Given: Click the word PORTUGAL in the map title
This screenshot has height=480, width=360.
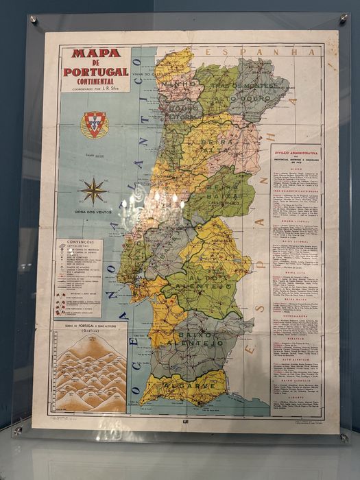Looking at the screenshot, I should click(x=95, y=71).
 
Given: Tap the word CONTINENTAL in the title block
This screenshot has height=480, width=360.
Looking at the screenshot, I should click(x=95, y=81).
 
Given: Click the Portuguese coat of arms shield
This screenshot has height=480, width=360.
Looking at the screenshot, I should click(x=94, y=125).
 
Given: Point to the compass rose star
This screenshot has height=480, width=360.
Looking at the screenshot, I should click(x=93, y=191).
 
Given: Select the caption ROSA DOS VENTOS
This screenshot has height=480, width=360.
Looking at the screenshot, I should click(x=93, y=212).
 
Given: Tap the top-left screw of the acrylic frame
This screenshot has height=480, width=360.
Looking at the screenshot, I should click(x=33, y=20).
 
